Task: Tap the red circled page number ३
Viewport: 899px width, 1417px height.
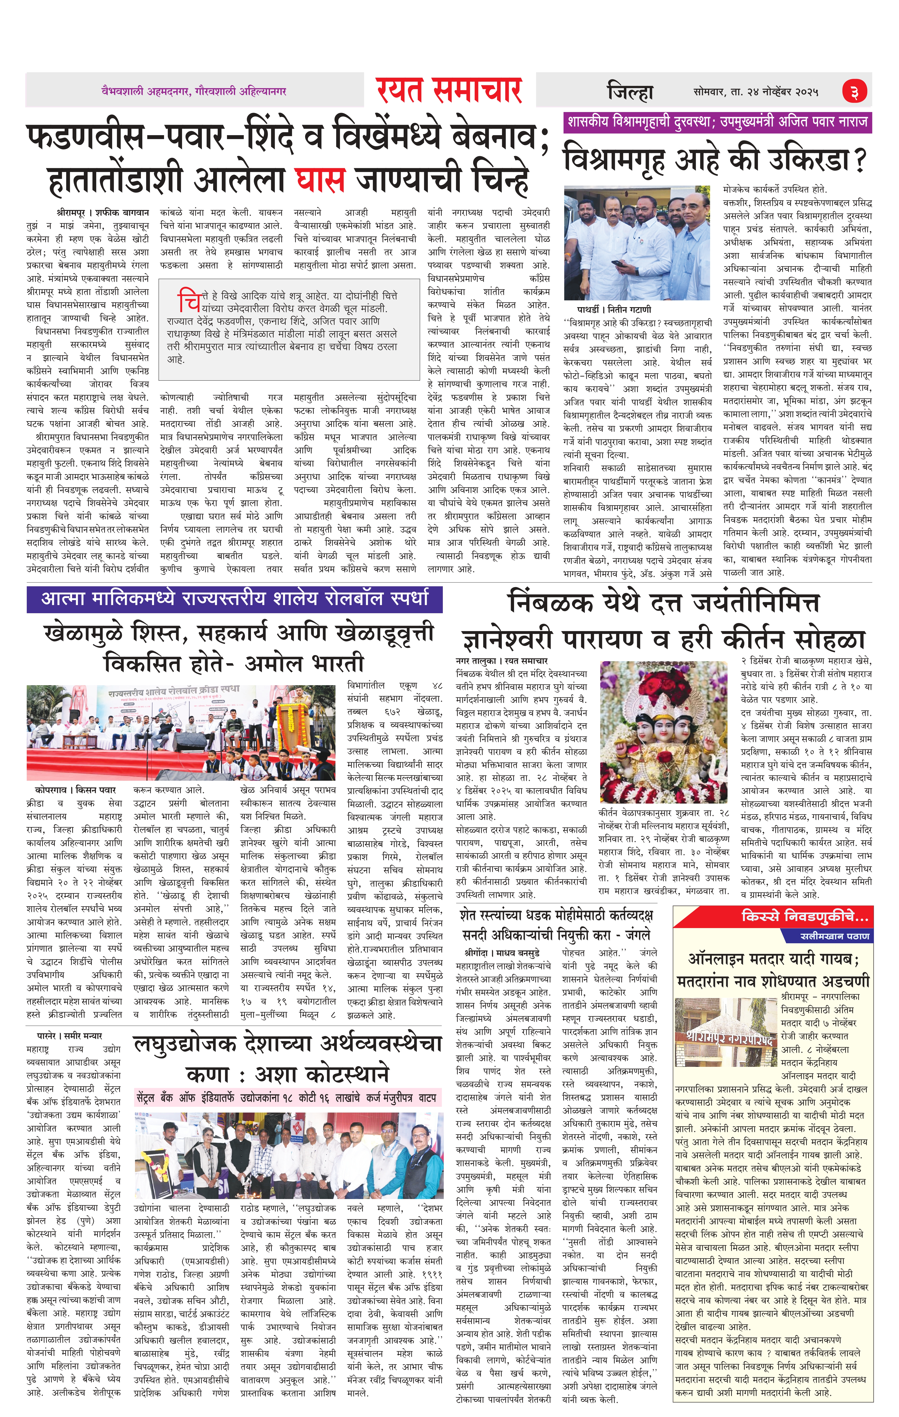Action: [853, 92]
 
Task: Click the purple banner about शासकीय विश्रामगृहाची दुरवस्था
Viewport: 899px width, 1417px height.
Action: [717, 122]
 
